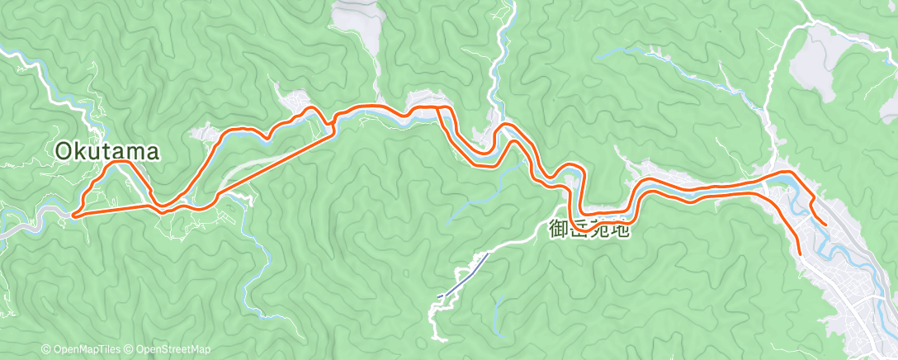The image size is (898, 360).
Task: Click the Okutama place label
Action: [x=106, y=151]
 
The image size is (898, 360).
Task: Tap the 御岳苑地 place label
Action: [x=589, y=229]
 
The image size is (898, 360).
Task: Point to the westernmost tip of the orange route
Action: [x=73, y=215]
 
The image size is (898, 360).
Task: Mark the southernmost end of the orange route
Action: [x=800, y=251]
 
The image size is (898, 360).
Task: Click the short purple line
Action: [x=462, y=274]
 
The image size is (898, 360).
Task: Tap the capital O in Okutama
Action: [x=65, y=151]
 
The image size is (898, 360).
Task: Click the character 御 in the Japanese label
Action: [x=559, y=229]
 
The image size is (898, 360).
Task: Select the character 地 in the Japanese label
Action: [x=620, y=229]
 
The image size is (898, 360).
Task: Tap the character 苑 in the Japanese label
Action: [x=599, y=229]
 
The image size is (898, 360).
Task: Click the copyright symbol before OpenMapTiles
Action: [x=45, y=349]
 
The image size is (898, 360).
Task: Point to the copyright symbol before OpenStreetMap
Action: [x=130, y=349]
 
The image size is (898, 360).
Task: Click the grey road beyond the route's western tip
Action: [x=33, y=221]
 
